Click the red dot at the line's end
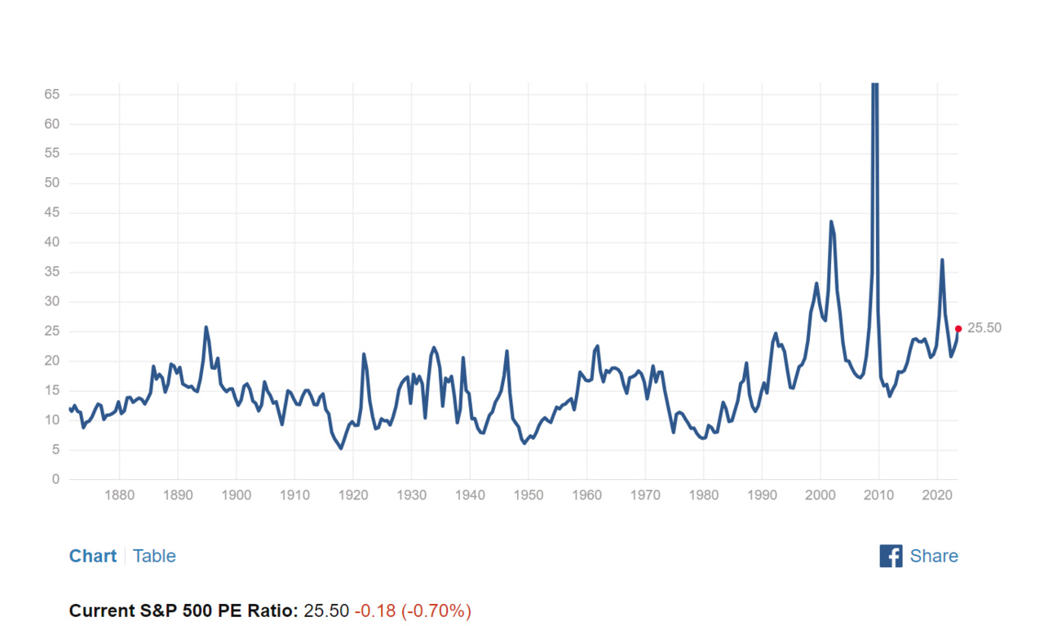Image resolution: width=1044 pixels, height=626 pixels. [x=958, y=329]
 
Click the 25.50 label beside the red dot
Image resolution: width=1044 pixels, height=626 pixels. [x=984, y=328]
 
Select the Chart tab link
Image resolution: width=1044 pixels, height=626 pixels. [x=93, y=556]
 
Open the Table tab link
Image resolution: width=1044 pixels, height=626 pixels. [x=154, y=556]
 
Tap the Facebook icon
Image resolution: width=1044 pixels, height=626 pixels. [x=891, y=556]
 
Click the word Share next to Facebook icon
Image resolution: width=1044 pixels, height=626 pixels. [x=934, y=556]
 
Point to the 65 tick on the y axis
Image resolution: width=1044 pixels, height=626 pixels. [x=52, y=95]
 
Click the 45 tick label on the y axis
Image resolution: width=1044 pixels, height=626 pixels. [x=52, y=213]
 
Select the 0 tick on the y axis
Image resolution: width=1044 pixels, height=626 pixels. [x=56, y=479]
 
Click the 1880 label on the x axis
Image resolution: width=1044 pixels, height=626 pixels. [x=119, y=495]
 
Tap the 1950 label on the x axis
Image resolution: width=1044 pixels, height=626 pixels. [x=529, y=495]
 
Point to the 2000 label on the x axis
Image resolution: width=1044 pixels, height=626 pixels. [x=820, y=495]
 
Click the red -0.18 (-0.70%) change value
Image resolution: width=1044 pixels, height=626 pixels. [x=413, y=610]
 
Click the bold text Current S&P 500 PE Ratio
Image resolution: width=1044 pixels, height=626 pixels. [x=184, y=610]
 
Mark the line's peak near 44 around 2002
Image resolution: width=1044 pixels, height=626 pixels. [x=831, y=221]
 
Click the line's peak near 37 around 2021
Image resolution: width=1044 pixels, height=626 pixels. [x=942, y=260]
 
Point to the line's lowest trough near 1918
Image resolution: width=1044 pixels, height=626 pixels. [x=341, y=448]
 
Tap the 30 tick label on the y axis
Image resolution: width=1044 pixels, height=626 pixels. [x=52, y=302]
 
